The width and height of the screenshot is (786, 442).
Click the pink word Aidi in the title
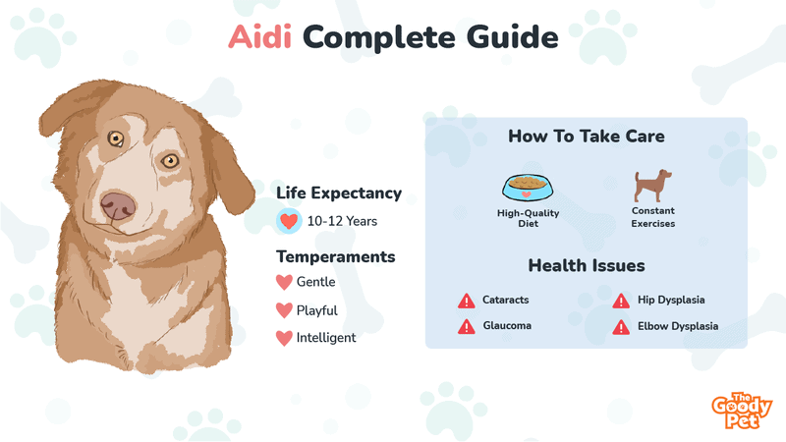pyautogui.click(x=259, y=37)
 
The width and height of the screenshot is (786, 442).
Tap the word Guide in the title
pyautogui.click(x=512, y=37)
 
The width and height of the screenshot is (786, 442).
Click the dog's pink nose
pyautogui.click(x=118, y=205)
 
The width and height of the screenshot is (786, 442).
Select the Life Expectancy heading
pyautogui.click(x=339, y=193)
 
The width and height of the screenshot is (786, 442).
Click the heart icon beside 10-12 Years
pyautogui.click(x=289, y=221)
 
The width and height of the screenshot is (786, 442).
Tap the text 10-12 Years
pyautogui.click(x=342, y=221)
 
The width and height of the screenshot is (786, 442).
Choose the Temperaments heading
pyautogui.click(x=335, y=256)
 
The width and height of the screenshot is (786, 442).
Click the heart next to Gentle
pyautogui.click(x=284, y=282)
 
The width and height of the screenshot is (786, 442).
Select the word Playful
pyautogui.click(x=316, y=310)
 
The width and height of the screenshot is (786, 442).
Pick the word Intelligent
pyautogui.click(x=326, y=338)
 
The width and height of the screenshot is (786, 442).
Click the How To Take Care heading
pyautogui.click(x=587, y=136)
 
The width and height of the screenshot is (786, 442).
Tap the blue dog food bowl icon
pyautogui.click(x=528, y=188)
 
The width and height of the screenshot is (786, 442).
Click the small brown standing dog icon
pyautogui.click(x=652, y=186)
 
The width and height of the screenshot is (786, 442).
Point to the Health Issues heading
pyautogui.click(x=587, y=265)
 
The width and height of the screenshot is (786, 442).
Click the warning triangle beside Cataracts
pyautogui.click(x=466, y=301)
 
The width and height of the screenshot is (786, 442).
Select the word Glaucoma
pyautogui.click(x=507, y=326)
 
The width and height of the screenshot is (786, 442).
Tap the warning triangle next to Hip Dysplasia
pyautogui.click(x=621, y=301)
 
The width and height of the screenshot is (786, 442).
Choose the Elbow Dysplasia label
pyautogui.click(x=678, y=326)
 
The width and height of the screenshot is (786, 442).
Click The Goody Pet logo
pyautogui.click(x=742, y=411)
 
